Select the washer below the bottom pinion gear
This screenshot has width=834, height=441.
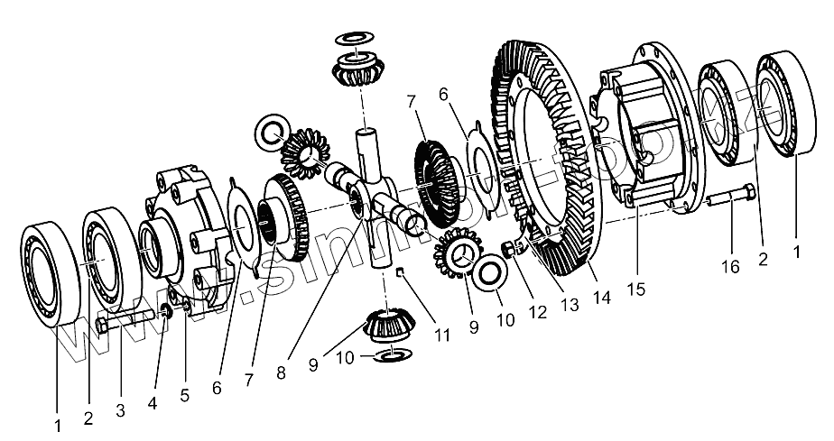tap(390, 358)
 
